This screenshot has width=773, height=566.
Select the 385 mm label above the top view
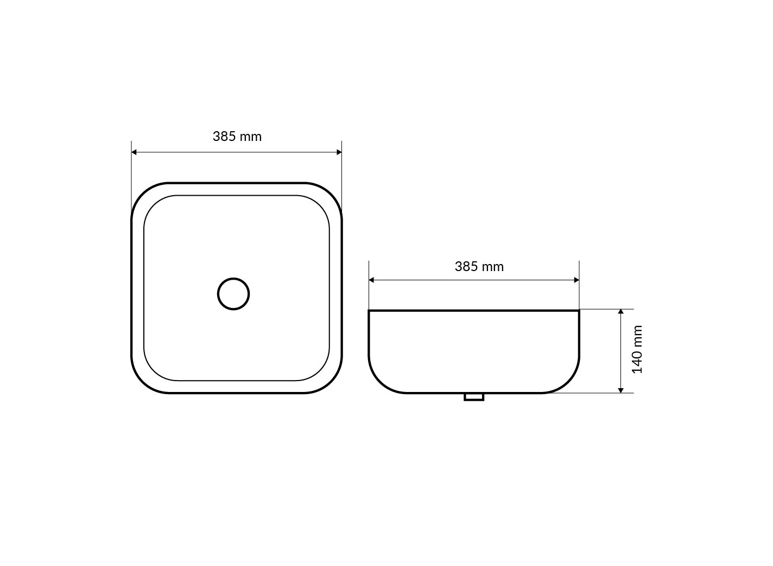(x=237, y=137)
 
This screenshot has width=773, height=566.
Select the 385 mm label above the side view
(x=479, y=266)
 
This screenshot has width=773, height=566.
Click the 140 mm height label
(x=637, y=350)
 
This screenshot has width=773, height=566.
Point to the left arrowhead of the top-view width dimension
(x=134, y=152)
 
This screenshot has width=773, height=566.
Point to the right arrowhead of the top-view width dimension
(x=339, y=152)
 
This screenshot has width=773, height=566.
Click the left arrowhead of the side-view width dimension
(x=371, y=280)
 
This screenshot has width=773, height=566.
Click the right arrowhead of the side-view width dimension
(x=576, y=280)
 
